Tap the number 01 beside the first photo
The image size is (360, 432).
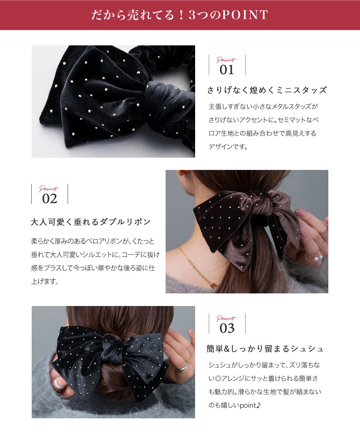227,69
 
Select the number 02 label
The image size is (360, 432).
50,198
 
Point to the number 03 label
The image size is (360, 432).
227,328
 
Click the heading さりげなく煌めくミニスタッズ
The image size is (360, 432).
267,90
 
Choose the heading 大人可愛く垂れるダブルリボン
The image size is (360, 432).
91,222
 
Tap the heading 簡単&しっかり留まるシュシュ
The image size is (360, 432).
266,349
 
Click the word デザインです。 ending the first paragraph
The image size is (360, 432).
228,147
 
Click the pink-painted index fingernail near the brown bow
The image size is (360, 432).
300,213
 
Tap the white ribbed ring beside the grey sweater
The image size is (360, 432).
59,383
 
